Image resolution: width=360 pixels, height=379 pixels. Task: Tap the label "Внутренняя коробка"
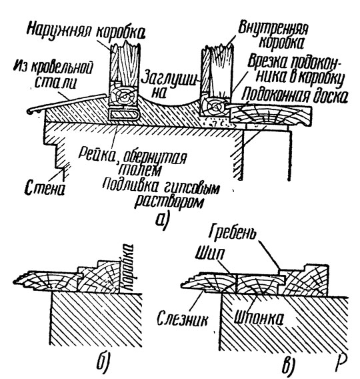pyautogui.click(x=273, y=35)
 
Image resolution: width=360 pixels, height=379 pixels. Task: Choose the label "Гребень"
pyautogui.click(x=232, y=232)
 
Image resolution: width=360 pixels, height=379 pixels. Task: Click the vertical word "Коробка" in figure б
pyautogui.click(x=127, y=268)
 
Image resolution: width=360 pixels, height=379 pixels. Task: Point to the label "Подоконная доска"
pyautogui.click(x=295, y=95)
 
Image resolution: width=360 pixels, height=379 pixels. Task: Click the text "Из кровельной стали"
pyautogui.click(x=53, y=74)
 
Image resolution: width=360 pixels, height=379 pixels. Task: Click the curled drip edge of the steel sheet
pyautogui.click(x=31, y=111)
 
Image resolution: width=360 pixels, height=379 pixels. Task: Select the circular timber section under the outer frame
pyautogui.click(x=123, y=97)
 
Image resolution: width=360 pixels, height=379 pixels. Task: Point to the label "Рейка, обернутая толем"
pyautogui.click(x=133, y=162)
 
